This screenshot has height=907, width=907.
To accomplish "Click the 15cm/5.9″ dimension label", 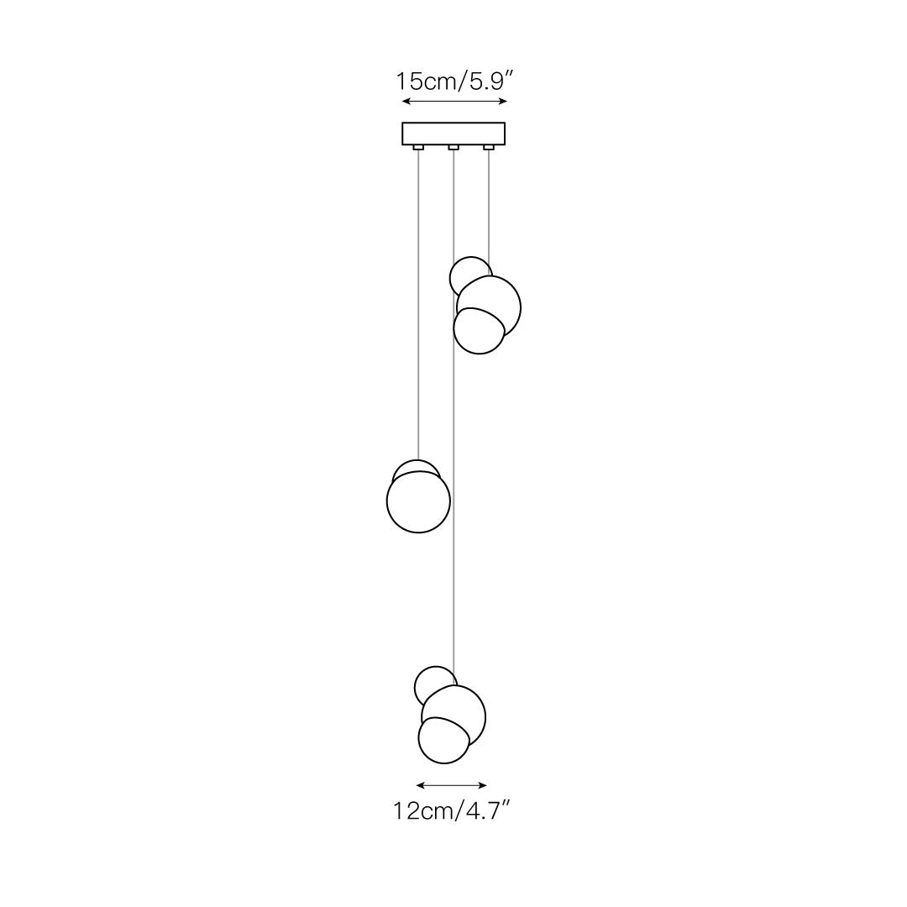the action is click(x=454, y=81).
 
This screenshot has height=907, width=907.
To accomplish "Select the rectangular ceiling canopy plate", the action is click(x=453, y=133).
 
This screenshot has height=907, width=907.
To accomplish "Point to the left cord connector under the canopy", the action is click(x=417, y=148).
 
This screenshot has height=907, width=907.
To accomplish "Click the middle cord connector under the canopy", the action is click(x=453, y=148).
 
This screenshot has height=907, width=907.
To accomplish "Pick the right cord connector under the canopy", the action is click(x=489, y=148).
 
